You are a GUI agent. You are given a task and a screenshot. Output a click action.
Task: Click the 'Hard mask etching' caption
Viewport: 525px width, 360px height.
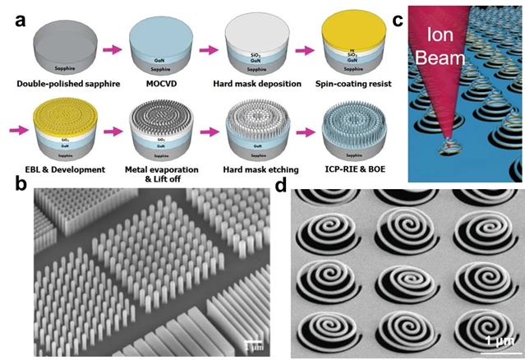[257, 168]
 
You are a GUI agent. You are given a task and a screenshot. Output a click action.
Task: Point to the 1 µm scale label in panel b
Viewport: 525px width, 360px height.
[256, 340]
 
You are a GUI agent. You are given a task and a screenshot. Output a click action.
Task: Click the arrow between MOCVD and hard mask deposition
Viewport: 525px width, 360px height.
[210, 50]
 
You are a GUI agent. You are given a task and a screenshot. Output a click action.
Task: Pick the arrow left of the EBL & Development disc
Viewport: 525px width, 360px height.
[17, 131]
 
